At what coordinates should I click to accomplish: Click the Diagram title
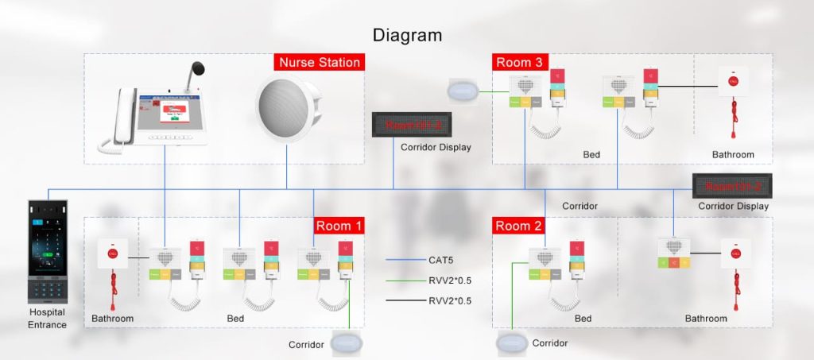click(407, 35)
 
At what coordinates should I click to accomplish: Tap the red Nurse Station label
click(320, 62)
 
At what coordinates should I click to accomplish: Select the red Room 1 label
click(339, 226)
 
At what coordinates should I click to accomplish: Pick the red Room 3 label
click(520, 62)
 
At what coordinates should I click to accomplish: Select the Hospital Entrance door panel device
click(48, 250)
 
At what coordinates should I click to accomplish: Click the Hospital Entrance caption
click(47, 318)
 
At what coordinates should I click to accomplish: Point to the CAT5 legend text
click(442, 260)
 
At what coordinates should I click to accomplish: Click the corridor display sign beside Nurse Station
click(412, 125)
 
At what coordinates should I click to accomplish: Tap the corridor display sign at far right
click(733, 186)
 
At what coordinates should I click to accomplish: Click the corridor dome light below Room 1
click(347, 344)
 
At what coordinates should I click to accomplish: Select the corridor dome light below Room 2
click(511, 344)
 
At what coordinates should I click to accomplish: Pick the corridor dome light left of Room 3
click(463, 91)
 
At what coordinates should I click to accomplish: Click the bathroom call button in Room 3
click(734, 80)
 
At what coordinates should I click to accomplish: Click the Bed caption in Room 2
click(583, 319)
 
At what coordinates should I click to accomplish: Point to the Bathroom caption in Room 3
click(733, 155)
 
